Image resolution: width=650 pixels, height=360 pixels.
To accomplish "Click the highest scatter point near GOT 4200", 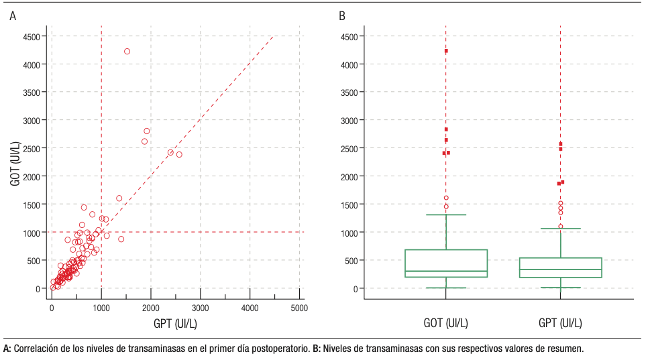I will [127, 52].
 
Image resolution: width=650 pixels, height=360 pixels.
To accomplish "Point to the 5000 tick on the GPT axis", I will [299, 308].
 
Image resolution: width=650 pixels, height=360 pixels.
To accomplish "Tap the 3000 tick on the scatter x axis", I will [200, 308].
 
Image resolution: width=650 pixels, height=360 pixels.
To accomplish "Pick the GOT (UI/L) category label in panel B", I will [446, 324].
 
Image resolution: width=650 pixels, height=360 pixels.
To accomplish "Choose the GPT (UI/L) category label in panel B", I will [560, 324].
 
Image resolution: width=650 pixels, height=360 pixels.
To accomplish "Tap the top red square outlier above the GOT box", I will [446, 51].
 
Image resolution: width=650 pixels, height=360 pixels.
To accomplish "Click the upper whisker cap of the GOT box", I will [446, 215].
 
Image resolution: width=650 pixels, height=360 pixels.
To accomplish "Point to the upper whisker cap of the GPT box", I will [560, 229].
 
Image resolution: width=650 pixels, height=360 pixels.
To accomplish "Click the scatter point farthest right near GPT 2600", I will [179, 154].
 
